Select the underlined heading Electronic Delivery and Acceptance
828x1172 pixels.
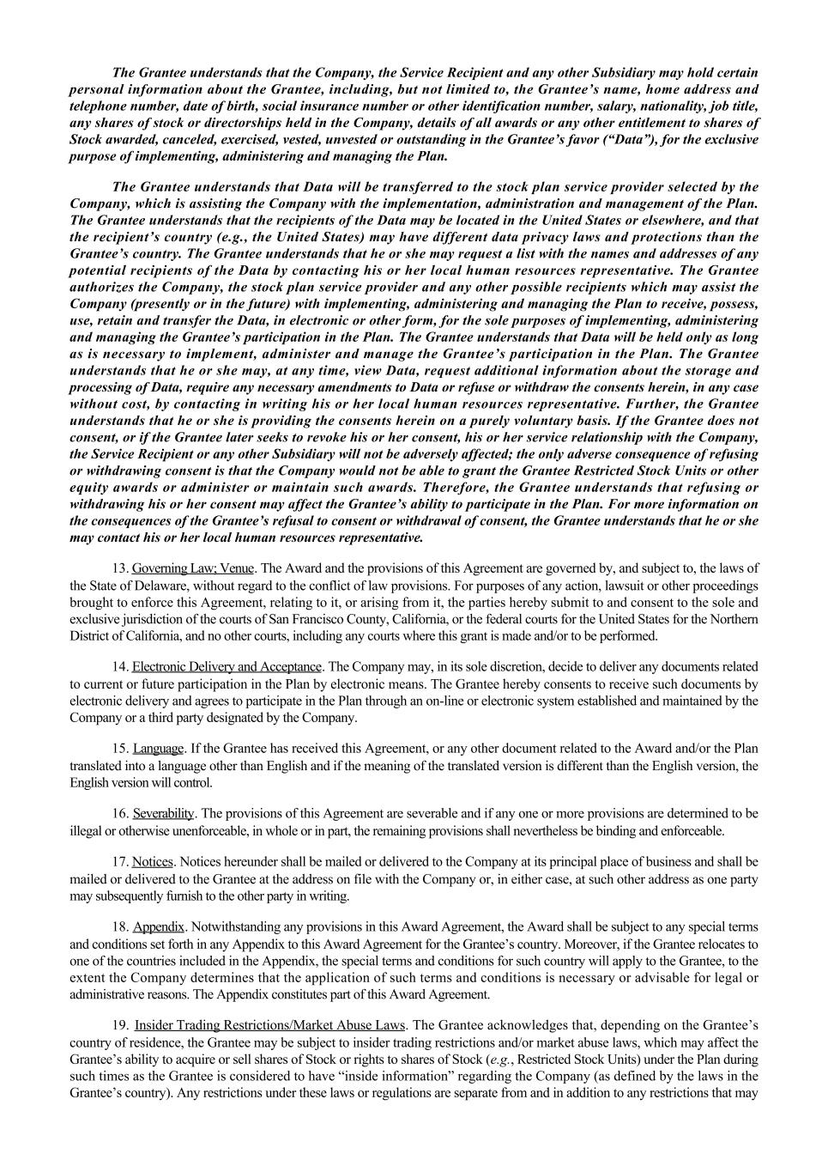(227, 666)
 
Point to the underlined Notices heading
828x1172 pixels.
(153, 861)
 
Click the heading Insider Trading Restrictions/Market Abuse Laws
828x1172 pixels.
(270, 1025)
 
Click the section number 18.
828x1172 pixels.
(120, 927)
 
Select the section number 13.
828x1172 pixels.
(120, 568)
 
